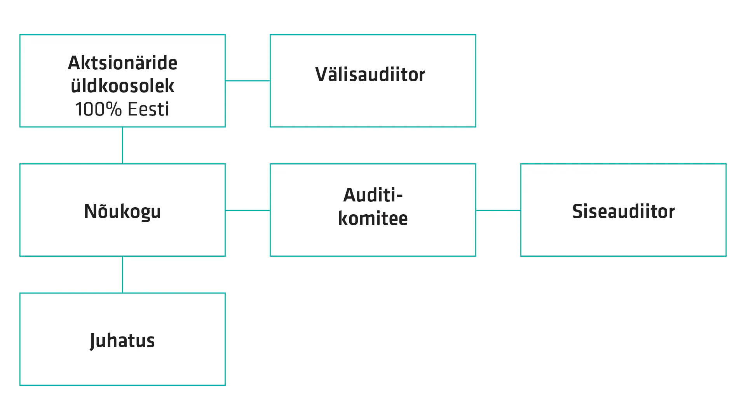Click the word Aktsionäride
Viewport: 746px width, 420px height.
tap(122, 63)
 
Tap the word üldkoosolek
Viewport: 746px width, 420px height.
tap(122, 86)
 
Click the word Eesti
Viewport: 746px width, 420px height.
tap(148, 109)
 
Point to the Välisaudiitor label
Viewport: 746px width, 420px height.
tap(370, 75)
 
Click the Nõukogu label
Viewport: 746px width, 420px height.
tap(122, 211)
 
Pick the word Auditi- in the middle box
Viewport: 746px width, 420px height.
tap(373, 195)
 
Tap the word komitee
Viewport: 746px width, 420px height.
tap(373, 218)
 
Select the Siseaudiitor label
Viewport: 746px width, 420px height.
tap(623, 212)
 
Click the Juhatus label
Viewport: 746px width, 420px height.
tap(122, 341)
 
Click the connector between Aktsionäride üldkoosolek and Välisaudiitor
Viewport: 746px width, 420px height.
tap(248, 81)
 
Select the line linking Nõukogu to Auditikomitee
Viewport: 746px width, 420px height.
tap(248, 210)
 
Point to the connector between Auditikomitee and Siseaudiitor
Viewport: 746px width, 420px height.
tap(498, 210)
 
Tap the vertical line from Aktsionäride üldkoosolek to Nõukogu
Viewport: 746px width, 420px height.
tap(122, 145)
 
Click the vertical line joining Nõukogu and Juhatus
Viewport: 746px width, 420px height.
tap(122, 275)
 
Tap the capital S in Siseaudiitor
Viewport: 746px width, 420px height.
tap(578, 212)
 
